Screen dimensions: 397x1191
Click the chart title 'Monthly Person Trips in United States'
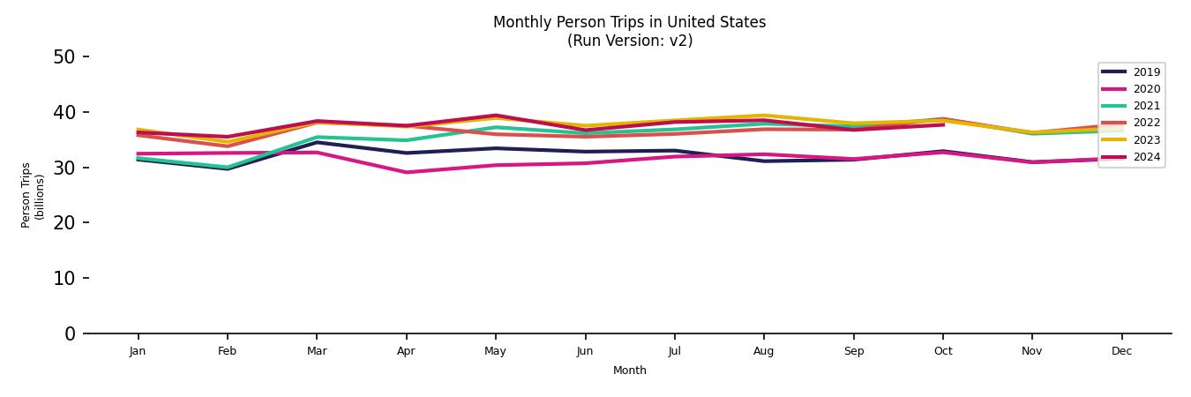[629, 22]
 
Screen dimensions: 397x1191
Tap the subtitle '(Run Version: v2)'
[629, 41]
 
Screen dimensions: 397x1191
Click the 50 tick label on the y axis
[64, 57]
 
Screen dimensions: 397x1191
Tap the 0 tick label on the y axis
[69, 333]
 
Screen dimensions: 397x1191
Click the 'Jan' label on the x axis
[137, 351]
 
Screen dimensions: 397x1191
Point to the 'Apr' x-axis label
[406, 351]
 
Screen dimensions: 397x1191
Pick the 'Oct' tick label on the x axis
[942, 351]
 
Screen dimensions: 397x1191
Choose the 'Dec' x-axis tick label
[1121, 351]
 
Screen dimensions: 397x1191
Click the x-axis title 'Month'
[629, 371]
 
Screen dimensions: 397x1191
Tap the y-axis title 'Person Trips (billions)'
[33, 195]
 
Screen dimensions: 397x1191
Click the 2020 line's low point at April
[406, 172]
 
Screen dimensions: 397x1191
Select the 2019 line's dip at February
[227, 169]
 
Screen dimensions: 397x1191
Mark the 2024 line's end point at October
[942, 124]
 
